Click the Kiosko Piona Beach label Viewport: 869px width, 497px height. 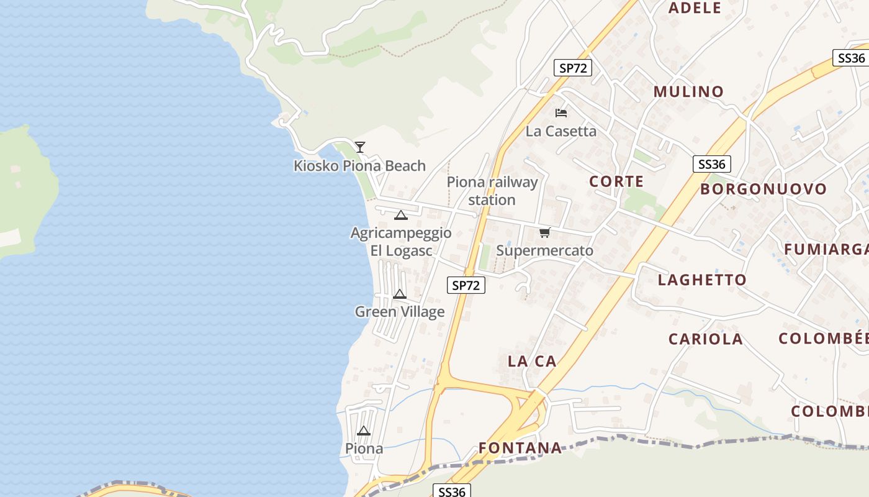[x=359, y=166]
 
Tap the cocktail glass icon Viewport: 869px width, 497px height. [x=360, y=147]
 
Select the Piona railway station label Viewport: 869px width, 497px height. [x=492, y=191]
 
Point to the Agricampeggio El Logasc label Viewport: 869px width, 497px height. [x=401, y=242]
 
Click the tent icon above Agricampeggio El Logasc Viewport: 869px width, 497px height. [x=400, y=216]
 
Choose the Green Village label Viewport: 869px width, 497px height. [x=400, y=312]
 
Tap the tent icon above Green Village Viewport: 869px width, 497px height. [x=400, y=294]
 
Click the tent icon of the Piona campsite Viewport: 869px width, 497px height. [x=364, y=431]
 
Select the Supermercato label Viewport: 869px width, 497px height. [x=544, y=251]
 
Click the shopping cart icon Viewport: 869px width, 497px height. [x=544, y=233]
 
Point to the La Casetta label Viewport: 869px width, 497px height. [x=561, y=131]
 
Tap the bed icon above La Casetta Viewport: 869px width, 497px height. [x=561, y=113]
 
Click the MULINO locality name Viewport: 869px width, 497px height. [x=688, y=92]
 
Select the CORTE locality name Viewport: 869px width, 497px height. [x=616, y=182]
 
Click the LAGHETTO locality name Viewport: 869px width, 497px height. [x=702, y=280]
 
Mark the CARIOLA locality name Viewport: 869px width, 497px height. [x=705, y=339]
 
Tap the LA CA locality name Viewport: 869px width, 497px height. [x=532, y=362]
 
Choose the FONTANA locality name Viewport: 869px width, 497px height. [x=520, y=448]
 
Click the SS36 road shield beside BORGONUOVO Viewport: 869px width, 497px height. [x=711, y=165]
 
